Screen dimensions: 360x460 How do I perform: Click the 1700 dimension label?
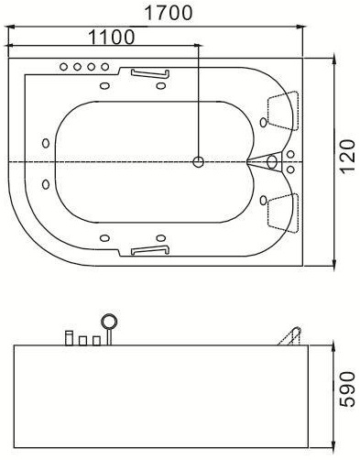coord(169,13)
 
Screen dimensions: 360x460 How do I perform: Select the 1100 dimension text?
coord(112,38)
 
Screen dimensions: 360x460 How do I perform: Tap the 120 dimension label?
coord(347,157)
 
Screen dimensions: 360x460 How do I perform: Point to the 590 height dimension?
coord(347,389)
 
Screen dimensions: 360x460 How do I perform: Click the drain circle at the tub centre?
coord(199,162)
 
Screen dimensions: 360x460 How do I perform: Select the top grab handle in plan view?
coord(150,74)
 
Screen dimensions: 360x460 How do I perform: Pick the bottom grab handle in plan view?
coord(150,250)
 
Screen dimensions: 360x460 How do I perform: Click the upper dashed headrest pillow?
coord(283,111)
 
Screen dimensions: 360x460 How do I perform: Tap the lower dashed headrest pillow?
coord(283,213)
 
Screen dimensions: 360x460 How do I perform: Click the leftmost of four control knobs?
coord(63,67)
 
